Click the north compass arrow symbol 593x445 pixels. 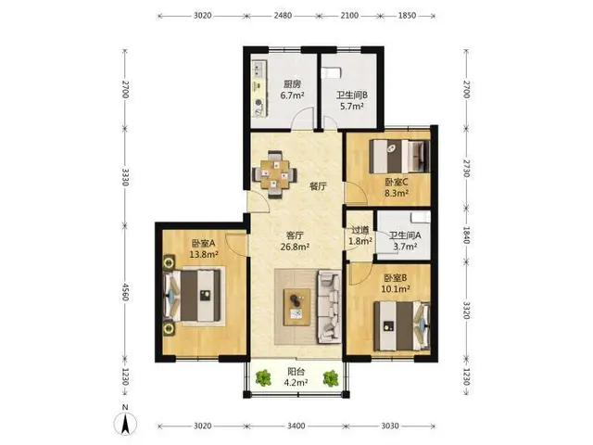(125, 424)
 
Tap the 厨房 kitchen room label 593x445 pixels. (293, 84)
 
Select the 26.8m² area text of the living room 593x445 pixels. (295, 248)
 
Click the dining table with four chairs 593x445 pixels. (274, 174)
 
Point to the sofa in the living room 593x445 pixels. (330, 307)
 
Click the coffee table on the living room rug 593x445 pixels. (296, 307)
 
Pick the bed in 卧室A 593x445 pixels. (192, 295)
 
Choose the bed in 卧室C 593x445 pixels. (399, 157)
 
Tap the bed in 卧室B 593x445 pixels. (401, 325)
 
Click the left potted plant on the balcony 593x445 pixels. (263, 378)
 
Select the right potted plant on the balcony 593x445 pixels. (331, 378)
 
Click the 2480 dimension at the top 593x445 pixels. (283, 16)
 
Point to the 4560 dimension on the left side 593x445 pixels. (125, 291)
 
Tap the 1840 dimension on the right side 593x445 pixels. (467, 235)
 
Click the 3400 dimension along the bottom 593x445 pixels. (296, 426)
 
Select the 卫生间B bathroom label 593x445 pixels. (352, 95)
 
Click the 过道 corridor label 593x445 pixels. (360, 230)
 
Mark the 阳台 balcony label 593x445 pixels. (296, 371)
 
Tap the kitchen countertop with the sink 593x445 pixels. (259, 88)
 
